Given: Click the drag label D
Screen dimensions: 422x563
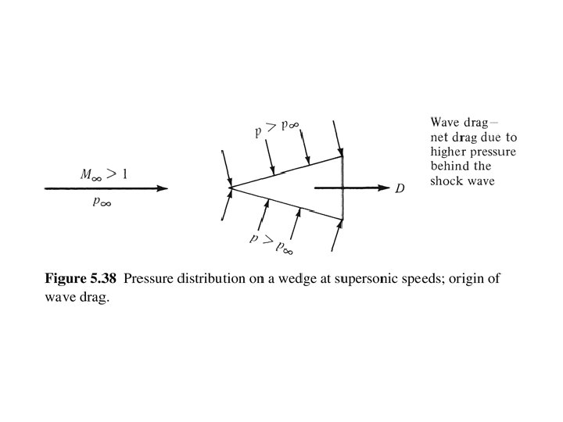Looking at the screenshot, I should point(399,189).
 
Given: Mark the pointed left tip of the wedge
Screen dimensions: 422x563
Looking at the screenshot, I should point(230,188).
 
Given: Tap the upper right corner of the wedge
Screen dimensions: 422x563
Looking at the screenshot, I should point(342,156).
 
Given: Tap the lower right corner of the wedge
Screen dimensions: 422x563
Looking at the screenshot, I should point(342,221).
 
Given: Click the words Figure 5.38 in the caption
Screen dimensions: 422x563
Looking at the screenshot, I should point(81,279).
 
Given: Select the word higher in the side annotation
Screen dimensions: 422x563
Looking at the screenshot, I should point(448,152).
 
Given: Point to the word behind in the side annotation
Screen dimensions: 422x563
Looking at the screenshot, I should point(449,166).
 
